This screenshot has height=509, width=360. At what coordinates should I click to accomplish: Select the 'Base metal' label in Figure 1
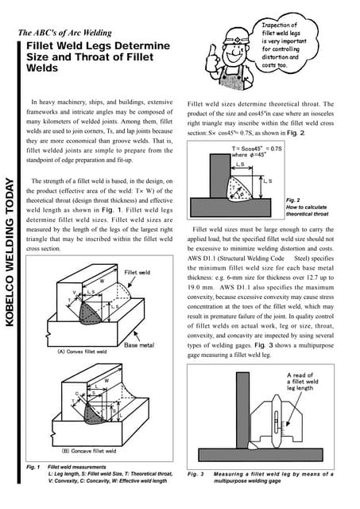[138, 345]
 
